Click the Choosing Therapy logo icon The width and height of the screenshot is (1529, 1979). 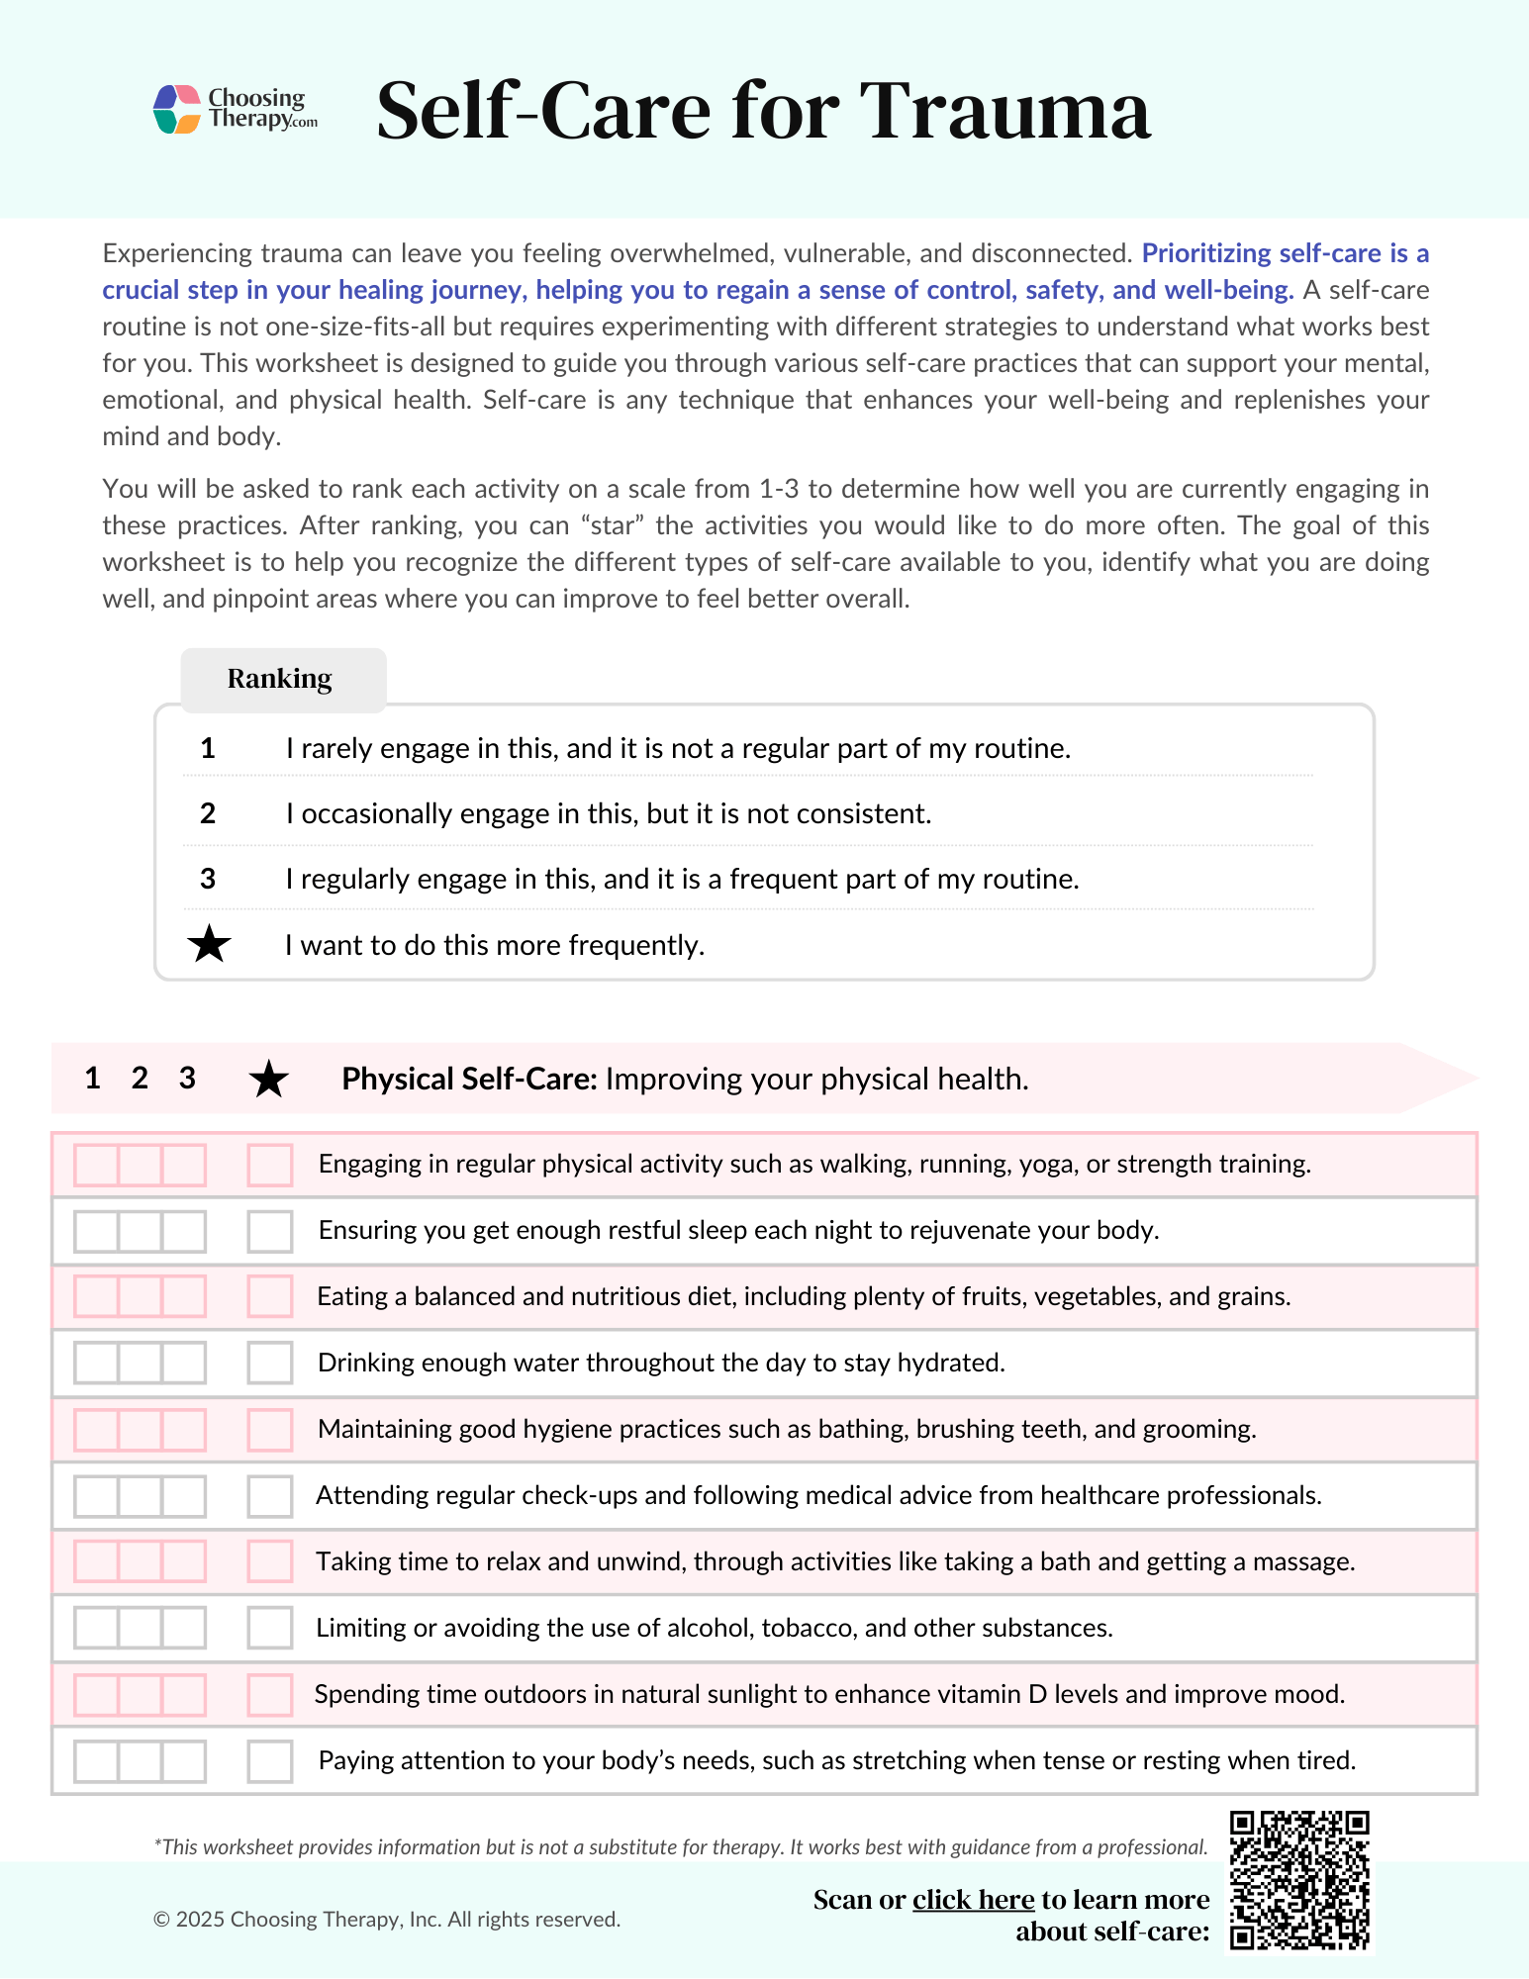177,109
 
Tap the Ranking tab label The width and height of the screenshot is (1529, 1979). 280,679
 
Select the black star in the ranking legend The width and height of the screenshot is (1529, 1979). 209,945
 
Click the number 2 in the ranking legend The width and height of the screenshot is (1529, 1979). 208,813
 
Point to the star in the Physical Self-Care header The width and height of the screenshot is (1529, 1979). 268,1079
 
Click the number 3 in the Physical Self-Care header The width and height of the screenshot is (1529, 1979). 187,1078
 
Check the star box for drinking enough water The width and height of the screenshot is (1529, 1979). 269,1364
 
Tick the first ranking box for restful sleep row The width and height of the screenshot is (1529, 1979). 97,1231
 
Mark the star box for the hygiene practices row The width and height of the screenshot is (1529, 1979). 269,1430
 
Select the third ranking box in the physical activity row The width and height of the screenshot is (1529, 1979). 184,1165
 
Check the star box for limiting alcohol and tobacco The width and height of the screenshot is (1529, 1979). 269,1628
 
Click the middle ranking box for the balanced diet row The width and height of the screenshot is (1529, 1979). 140,1297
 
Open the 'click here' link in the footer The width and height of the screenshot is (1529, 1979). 973,1900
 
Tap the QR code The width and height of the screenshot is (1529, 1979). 1299,1880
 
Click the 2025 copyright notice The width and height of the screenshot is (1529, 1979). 387,1920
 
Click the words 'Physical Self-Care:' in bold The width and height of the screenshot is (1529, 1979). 469,1079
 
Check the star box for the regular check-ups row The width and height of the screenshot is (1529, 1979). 269,1496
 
